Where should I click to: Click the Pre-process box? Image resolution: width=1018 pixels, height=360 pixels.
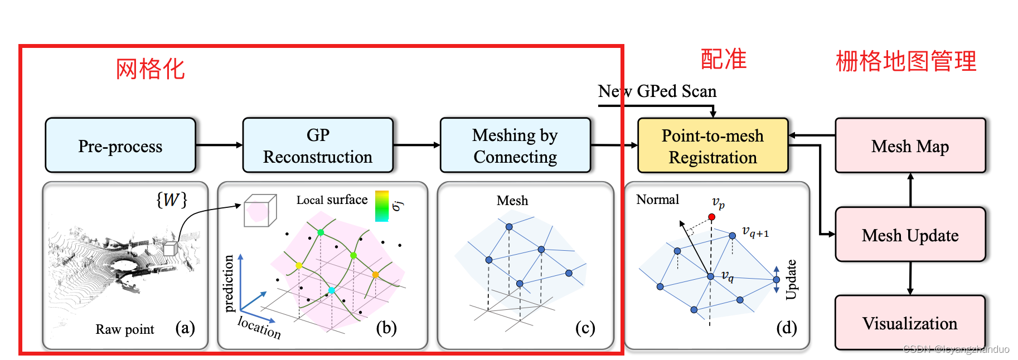120,145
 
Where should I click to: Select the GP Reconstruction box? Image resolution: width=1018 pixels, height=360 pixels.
318,145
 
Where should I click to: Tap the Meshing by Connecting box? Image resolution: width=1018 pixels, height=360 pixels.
515,145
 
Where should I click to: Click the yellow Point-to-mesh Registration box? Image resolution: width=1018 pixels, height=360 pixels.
712,146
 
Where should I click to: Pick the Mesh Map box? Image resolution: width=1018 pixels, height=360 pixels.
910,146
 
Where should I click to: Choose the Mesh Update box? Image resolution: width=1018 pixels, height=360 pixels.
910,235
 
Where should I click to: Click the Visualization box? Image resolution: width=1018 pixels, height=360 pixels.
910,323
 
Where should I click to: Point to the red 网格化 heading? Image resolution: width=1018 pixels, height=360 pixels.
150,69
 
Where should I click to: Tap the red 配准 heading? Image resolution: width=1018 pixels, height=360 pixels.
724,59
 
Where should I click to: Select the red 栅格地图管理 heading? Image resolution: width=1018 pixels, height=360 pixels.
906,61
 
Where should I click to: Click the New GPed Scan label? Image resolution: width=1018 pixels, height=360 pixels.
657,91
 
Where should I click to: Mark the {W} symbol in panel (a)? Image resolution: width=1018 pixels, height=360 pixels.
172,200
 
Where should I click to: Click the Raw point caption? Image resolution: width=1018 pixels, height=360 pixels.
125,329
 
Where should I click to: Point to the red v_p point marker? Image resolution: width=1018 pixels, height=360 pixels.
712,217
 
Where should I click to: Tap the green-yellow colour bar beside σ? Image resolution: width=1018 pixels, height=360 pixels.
382,206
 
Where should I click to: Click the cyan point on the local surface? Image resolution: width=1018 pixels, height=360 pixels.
332,290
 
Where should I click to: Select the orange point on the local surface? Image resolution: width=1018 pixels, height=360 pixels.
375,275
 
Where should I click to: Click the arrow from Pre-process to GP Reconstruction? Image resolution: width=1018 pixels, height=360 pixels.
219,145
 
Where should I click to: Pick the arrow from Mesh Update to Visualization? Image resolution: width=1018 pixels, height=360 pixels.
910,278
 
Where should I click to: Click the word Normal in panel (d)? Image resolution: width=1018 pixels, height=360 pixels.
658,200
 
